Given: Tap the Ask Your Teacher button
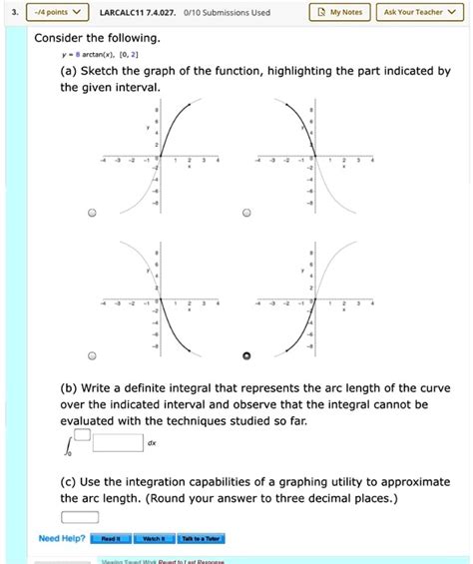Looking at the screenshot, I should [420, 12].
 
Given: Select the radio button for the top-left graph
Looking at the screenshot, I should [92, 213].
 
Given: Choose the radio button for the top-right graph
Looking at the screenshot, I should [247, 213].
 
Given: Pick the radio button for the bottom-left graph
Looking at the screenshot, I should [92, 355].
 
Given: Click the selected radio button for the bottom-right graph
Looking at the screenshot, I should [247, 355].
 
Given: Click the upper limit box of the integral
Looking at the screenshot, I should [84, 433].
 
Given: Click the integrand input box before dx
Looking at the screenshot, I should [118, 443].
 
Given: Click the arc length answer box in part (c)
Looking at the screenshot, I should [80, 516].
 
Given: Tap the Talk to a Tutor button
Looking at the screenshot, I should [202, 539].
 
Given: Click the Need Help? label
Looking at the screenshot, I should [60, 539].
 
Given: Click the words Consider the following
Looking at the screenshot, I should [97, 38].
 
